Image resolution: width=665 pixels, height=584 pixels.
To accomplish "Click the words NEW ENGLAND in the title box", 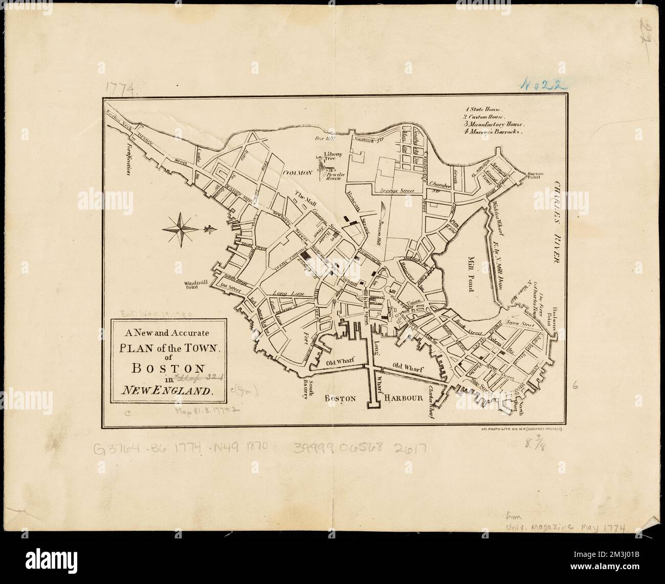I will pos(167,391).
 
